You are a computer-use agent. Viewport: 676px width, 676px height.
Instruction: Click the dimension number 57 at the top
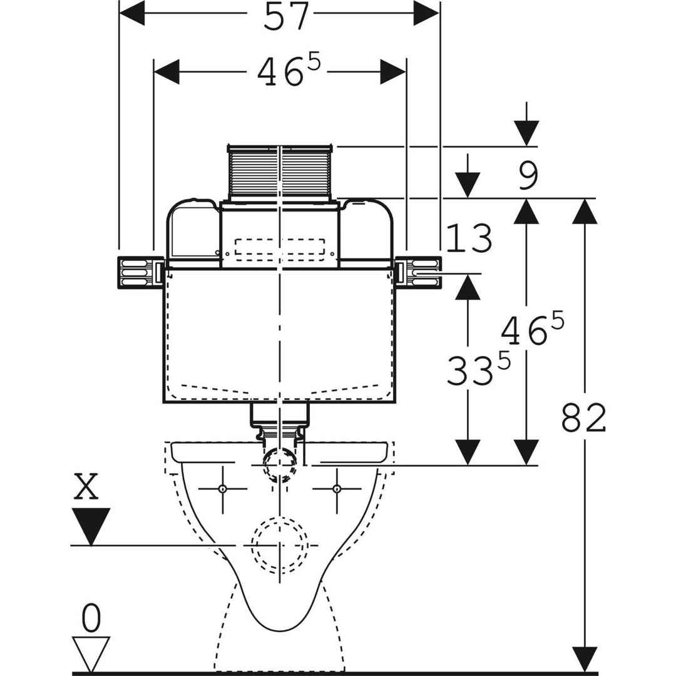coord(286,17)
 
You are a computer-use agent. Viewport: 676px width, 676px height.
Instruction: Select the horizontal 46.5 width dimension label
coord(288,73)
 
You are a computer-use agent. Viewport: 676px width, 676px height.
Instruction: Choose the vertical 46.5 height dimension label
coord(532,330)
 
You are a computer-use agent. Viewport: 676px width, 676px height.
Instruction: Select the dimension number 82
coord(583,418)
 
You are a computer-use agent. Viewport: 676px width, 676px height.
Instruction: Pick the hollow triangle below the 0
coord(91,653)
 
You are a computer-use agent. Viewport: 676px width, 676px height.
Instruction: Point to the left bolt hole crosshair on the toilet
coord(222,489)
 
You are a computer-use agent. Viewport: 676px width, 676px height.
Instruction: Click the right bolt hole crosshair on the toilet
coord(337,489)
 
